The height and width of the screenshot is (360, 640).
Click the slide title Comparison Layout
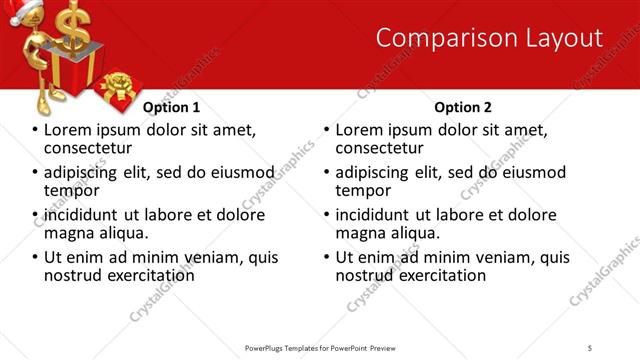489,38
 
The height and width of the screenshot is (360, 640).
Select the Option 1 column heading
172,107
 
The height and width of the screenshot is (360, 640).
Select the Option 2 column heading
464,107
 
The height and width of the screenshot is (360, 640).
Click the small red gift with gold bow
118,88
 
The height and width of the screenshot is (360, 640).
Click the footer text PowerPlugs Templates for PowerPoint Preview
321,347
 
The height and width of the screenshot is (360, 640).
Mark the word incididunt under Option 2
377,215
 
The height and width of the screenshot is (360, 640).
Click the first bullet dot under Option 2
327,131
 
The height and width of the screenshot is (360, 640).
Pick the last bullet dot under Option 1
36,257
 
